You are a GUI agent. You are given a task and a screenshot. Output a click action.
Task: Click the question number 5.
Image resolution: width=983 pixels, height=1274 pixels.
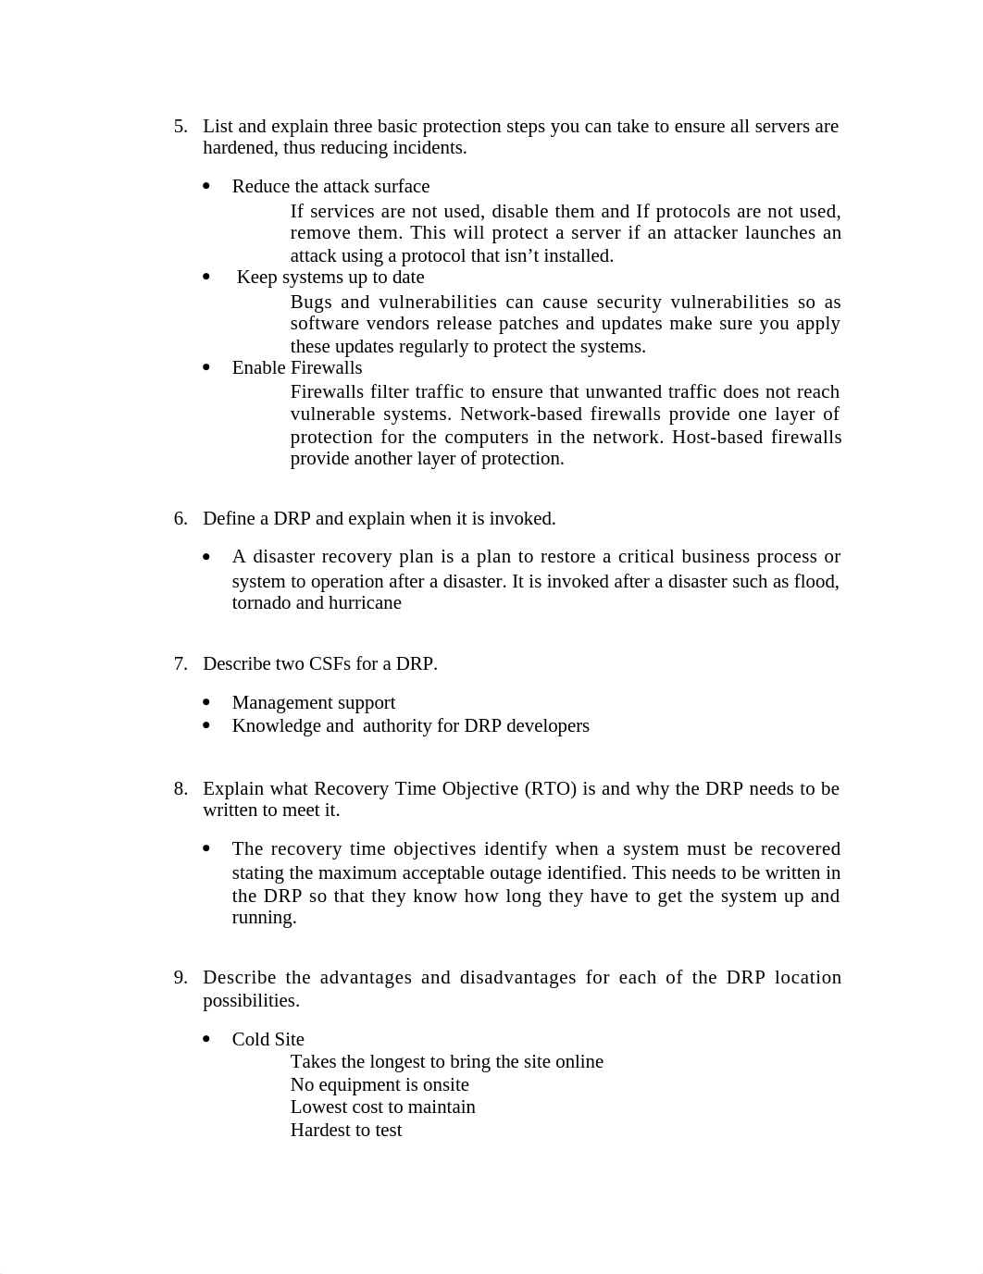point(180,127)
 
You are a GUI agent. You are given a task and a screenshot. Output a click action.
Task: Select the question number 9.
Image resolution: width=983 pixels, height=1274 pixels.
point(180,978)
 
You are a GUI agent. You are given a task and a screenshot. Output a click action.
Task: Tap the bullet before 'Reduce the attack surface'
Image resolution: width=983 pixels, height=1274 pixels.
point(206,187)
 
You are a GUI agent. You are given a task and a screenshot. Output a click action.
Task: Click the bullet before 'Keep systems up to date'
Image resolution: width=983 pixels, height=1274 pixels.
point(206,278)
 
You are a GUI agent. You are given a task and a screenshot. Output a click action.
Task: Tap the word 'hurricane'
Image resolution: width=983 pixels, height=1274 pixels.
point(367,603)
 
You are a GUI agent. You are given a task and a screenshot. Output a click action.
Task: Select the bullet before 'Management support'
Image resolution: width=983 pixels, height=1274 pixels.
point(206,703)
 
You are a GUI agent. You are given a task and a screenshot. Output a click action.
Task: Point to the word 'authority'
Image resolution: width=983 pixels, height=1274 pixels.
point(396,726)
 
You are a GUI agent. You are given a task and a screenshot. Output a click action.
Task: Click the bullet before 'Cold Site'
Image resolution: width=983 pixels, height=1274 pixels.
point(206,1040)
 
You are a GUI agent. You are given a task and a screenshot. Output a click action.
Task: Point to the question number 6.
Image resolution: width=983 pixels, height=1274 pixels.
point(180,519)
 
